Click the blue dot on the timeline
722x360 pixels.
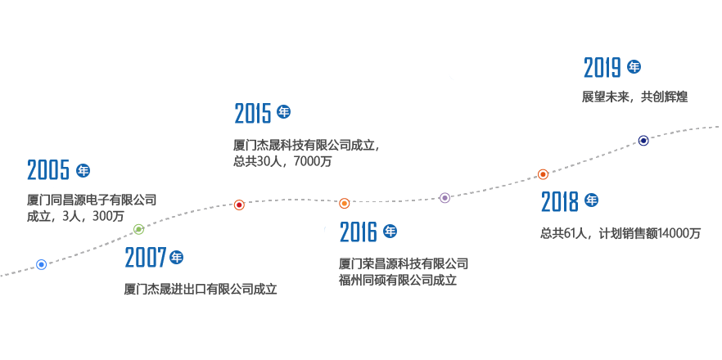tap(41, 264)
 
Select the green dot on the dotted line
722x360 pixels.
tap(138, 229)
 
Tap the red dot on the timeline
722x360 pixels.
tap(239, 205)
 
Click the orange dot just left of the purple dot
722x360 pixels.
tap(345, 203)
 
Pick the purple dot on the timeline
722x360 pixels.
tap(444, 197)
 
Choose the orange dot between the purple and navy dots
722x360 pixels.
tap(543, 174)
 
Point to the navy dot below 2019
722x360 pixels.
tap(643, 141)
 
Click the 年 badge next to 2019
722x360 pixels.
tap(634, 67)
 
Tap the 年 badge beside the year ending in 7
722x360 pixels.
tap(177, 258)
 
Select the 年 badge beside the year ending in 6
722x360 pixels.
tap(390, 232)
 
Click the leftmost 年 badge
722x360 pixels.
tap(83, 170)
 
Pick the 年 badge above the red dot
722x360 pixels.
tap(283, 112)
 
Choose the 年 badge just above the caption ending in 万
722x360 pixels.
tap(591, 200)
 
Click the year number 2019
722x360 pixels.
tap(602, 68)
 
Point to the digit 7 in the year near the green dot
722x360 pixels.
tap(161, 259)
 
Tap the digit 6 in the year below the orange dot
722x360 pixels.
tap(372, 233)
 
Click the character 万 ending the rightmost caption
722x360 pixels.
tap(695, 233)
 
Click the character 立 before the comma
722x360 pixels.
tap(372, 146)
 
